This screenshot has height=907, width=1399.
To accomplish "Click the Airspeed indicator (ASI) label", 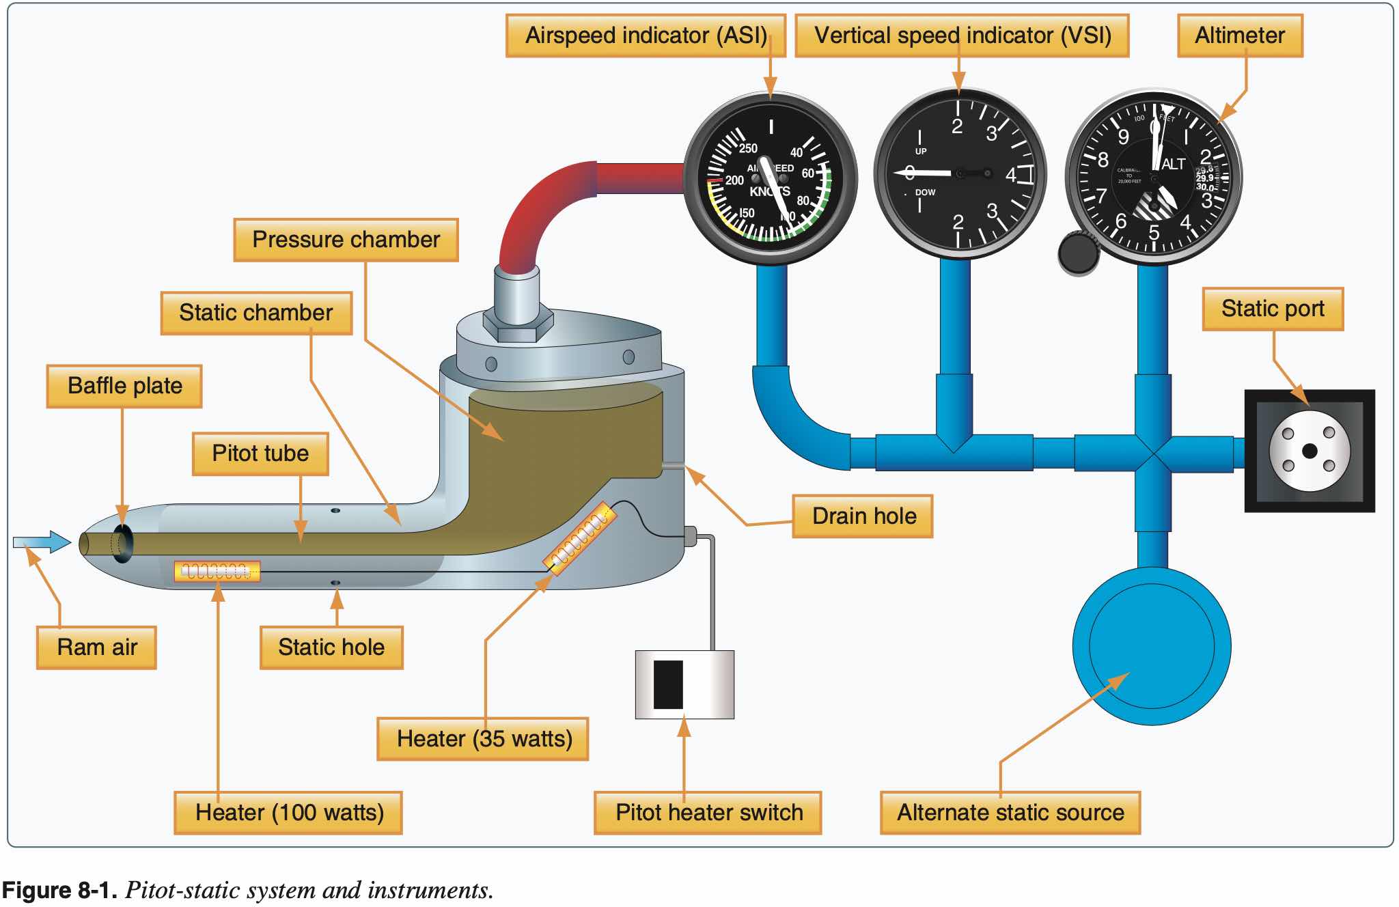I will [x=646, y=36].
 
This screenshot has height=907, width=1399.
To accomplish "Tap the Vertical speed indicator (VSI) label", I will [x=962, y=36].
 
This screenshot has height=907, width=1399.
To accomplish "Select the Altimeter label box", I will [x=1240, y=36].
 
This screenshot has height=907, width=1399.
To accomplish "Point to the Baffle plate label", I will [x=124, y=386].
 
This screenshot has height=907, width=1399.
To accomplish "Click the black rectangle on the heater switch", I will [x=668, y=684].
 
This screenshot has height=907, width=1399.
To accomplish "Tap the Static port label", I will [x=1273, y=309].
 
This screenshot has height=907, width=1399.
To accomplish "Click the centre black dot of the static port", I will [x=1310, y=451].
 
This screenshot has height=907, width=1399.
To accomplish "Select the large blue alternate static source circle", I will [x=1152, y=646].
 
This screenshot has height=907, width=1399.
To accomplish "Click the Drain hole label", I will [x=863, y=516].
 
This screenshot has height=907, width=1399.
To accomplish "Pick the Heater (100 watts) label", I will [x=288, y=813].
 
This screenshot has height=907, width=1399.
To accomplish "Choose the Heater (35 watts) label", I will [x=483, y=739].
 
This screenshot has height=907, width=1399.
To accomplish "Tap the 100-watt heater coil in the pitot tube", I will [x=217, y=571].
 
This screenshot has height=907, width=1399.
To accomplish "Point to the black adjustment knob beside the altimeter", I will [x=1078, y=253].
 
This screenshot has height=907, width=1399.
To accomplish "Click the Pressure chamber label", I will [x=346, y=240].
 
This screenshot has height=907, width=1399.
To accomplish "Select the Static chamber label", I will [x=256, y=313].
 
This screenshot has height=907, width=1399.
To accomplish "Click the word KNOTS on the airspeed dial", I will [x=770, y=192].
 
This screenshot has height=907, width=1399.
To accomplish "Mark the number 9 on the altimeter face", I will [x=1123, y=137].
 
